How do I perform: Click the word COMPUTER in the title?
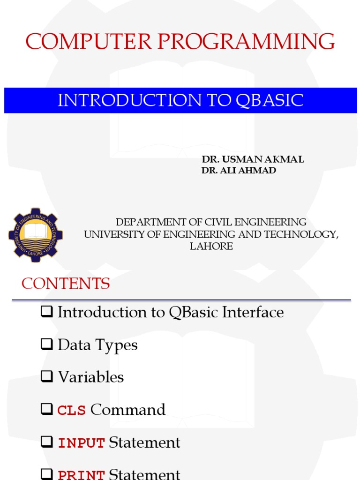88,42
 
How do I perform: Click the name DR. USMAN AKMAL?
252,159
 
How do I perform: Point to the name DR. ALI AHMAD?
239,171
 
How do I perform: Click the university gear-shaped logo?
35,234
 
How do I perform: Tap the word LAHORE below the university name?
211,246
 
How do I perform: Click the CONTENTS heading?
66,284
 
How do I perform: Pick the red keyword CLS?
72,411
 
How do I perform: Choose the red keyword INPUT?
81,443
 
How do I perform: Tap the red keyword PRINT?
81,474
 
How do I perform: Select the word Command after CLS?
128,410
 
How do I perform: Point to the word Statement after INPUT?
144,442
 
